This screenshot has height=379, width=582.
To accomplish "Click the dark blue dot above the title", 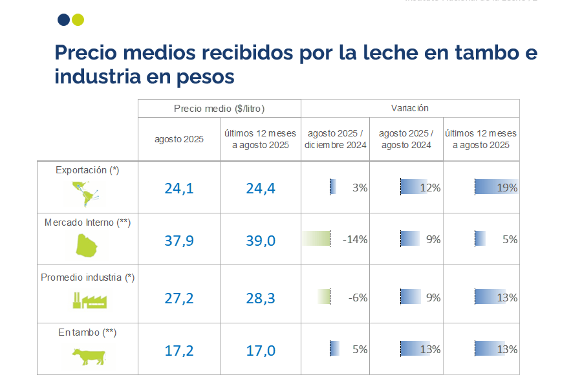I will (63, 19).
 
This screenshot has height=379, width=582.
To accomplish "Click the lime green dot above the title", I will (78, 19).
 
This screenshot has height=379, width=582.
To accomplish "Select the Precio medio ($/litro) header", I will (219, 108).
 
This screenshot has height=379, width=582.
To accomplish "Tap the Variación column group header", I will (409, 108).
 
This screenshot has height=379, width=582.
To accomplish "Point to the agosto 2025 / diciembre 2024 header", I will (336, 139).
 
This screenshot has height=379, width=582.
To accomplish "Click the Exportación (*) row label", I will (87, 170).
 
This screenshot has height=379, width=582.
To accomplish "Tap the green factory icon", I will (89, 299).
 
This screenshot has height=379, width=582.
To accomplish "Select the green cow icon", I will (88, 356).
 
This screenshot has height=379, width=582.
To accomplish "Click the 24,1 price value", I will (179, 188).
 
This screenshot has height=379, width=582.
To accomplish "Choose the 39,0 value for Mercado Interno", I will (261, 241).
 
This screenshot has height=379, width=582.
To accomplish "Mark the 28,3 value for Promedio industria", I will (261, 298).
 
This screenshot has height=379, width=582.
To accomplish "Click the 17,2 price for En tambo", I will (179, 351).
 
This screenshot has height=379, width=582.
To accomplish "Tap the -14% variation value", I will (355, 239).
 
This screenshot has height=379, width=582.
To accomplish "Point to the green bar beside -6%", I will (324, 298).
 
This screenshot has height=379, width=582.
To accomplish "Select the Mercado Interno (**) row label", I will (87, 222).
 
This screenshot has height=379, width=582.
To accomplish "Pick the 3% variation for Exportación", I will (360, 188).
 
